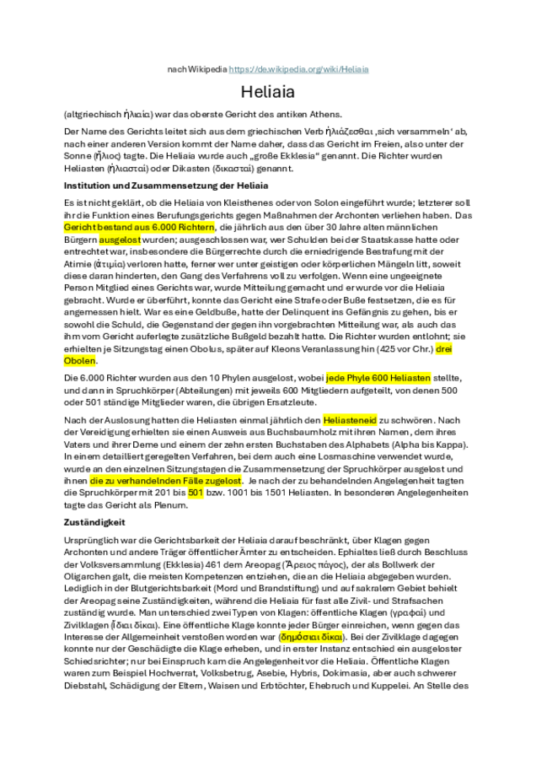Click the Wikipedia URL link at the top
click(299, 68)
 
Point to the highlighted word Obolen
click(80, 360)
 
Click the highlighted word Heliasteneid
click(351, 420)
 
